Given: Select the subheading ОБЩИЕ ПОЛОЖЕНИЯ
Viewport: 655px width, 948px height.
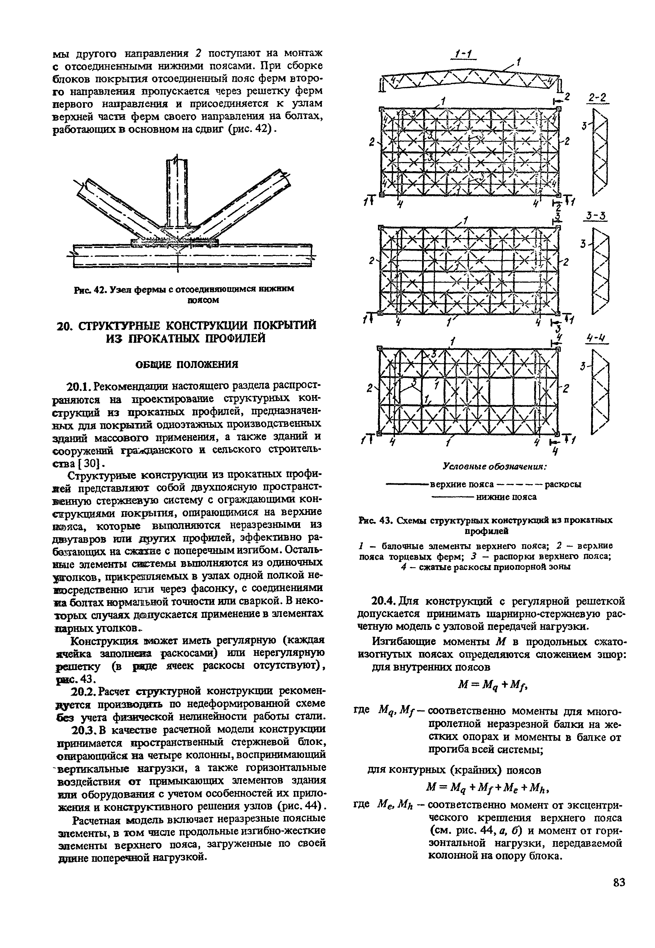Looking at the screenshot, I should (x=187, y=365).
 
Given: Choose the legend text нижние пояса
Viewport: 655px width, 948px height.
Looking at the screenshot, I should (x=506, y=497).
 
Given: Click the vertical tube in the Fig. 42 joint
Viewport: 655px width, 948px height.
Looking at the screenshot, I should (x=177, y=193).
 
